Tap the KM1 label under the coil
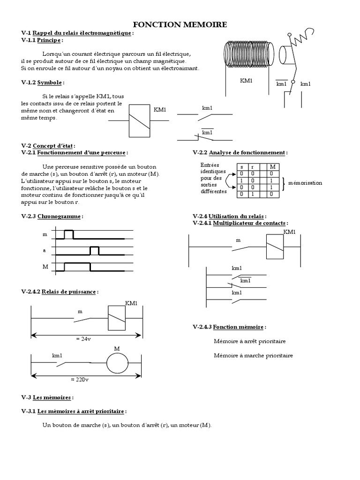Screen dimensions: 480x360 coord(246,81)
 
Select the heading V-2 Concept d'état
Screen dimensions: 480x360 coord(48,146)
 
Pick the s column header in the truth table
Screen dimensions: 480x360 coord(241,166)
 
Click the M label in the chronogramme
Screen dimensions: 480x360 coord(45,267)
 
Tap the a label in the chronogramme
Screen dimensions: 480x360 coord(45,251)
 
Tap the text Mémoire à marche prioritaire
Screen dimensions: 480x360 coord(253,355)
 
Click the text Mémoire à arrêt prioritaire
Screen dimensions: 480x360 coord(249,341)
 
